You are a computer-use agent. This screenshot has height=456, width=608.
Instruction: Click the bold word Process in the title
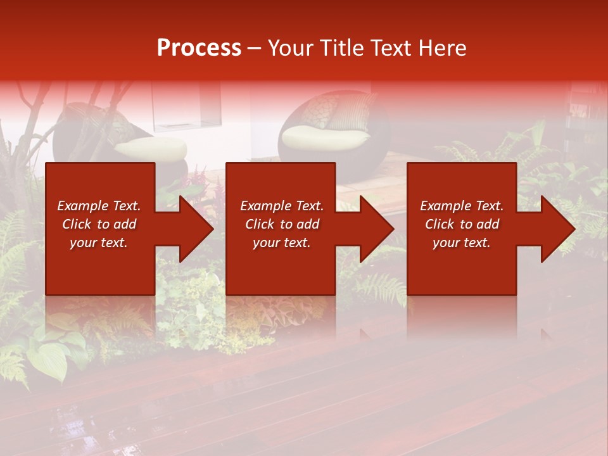coord(199,47)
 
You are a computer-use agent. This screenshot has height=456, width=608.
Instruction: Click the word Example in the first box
coord(81,206)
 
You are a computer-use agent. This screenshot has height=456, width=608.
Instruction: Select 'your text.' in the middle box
coord(281,243)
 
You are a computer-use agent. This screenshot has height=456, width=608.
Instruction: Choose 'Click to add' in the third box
coord(462,224)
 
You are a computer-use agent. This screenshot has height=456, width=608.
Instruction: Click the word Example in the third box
coord(445,206)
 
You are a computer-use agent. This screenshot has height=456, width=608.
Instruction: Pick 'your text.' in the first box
coord(99,243)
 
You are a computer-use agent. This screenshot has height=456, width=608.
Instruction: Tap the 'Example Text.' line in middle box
coord(281,206)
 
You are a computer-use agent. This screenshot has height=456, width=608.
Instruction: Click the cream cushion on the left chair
coord(152,148)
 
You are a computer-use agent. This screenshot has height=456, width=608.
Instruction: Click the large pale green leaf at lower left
coord(47,361)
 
